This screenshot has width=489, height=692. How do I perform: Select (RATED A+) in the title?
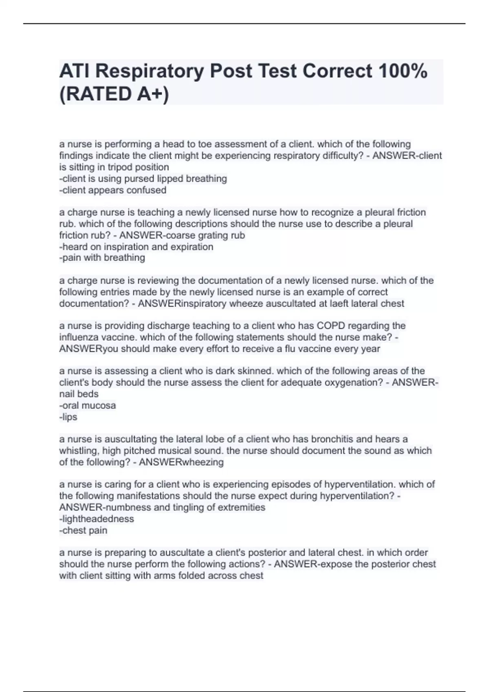pos(114,94)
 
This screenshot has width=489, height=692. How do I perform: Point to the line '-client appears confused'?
pos(113,190)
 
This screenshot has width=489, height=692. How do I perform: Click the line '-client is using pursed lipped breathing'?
pos(143,179)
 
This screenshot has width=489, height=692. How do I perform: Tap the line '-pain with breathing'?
pos(102,258)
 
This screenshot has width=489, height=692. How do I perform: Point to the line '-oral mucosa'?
pos(88,405)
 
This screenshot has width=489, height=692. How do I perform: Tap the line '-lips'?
pos(68,417)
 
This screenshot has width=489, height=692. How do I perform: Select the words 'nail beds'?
pos(79,394)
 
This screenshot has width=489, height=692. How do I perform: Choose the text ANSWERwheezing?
pos(181,462)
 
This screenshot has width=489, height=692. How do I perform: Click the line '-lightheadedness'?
pos(97,519)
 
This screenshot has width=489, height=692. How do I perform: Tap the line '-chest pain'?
pos(84,530)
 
